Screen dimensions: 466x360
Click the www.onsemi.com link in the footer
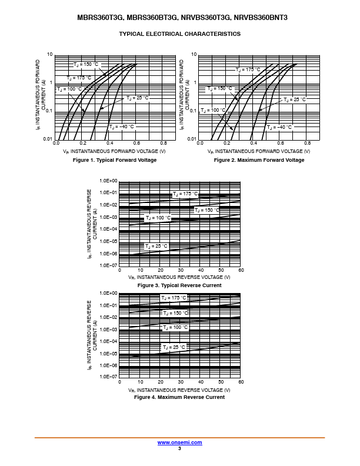tap(179, 442)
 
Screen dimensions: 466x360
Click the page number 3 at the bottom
tap(179, 448)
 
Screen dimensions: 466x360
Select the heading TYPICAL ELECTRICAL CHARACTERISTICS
tap(179, 34)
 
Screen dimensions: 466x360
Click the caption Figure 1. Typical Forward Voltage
tap(114, 160)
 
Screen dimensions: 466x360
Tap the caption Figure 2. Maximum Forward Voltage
tap(259, 160)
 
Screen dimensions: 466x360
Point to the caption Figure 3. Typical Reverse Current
tap(179, 285)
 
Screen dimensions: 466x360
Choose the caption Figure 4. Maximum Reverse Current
tap(179, 397)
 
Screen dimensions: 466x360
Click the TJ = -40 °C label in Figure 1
tap(122, 127)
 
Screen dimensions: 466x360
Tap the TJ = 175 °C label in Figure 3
tap(185, 194)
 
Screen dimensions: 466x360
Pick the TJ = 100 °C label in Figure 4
tap(175, 327)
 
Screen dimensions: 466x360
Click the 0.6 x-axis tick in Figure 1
tap(136, 143)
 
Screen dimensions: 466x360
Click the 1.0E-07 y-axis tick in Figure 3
tap(109, 265)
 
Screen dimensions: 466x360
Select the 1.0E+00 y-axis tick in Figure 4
tap(109, 293)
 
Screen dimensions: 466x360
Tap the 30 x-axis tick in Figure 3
tap(181, 270)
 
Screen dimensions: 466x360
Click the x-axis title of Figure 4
tap(179, 390)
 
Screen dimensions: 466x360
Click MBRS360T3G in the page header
tap(98, 18)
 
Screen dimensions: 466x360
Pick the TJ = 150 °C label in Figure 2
tap(221, 88)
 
